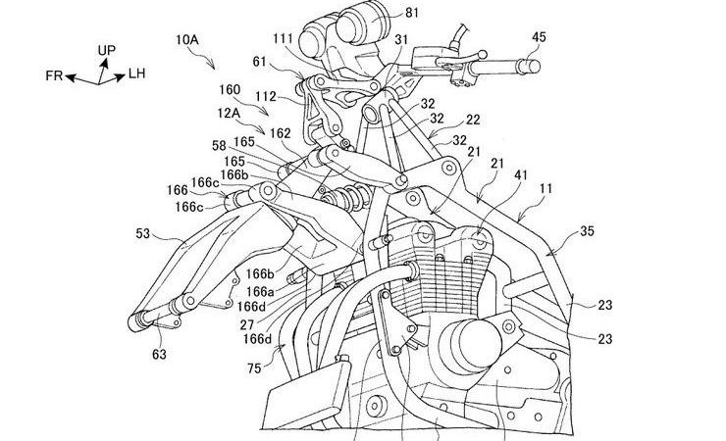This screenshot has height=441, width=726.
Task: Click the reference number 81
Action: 411,13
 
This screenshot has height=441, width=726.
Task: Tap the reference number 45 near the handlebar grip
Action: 539,37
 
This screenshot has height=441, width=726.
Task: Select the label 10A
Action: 187,40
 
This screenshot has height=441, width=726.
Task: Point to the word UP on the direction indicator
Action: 107,50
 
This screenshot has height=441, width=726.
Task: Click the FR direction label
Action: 54,75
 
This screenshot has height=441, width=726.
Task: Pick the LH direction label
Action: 136,73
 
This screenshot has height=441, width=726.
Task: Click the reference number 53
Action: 143,234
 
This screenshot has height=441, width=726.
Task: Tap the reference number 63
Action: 159,355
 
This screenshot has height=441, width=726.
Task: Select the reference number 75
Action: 254,368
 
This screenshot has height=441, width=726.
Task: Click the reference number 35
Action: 587,231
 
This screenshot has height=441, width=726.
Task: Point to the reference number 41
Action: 521,175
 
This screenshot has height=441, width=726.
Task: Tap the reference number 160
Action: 230,90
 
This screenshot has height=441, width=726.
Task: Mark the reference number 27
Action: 247,324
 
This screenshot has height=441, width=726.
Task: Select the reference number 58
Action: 219,147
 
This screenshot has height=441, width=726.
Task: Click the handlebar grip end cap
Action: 533,67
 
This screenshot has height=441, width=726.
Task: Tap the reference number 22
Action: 473,120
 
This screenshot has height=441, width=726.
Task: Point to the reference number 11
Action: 545,188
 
